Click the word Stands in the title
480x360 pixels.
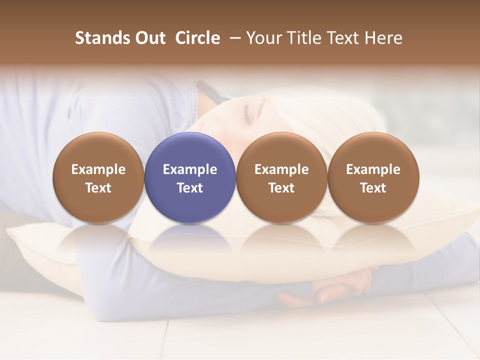point(102,38)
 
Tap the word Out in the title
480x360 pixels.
point(149,38)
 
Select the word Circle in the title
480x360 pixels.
point(197,38)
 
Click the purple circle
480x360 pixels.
point(190,177)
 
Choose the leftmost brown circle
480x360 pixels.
point(98,177)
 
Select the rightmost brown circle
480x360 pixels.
point(373,177)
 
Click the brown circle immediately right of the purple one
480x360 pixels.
point(281,177)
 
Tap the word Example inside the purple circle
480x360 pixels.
point(190,169)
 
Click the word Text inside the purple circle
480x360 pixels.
point(190,188)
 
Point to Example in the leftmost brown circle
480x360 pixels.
point(98,169)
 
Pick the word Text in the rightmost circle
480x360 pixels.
point(373,188)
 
